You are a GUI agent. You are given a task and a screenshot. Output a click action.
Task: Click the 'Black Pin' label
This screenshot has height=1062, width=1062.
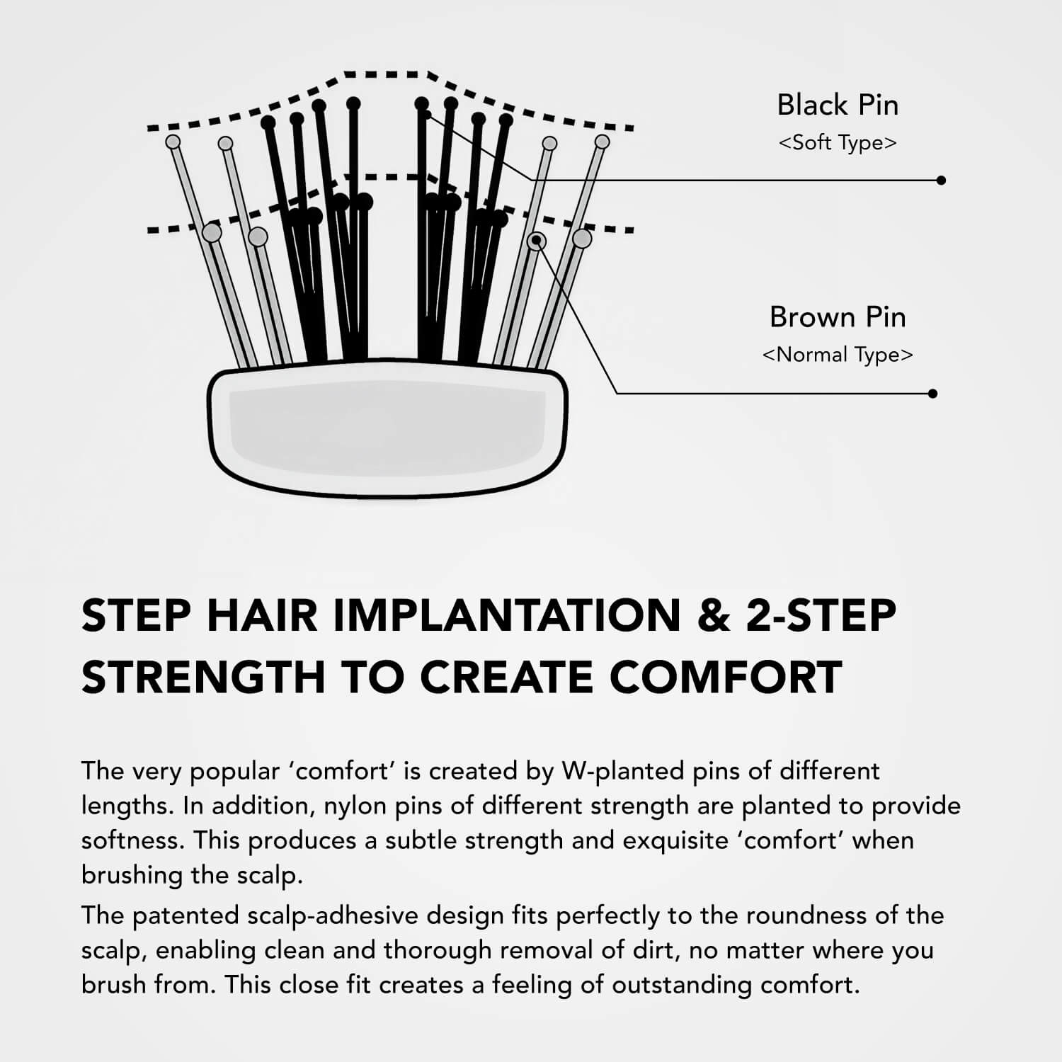[x=838, y=105]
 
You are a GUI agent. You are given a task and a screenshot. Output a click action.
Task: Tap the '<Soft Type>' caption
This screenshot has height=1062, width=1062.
[x=838, y=143]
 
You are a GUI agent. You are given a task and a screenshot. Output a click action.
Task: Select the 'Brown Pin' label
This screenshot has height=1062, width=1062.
[x=838, y=317]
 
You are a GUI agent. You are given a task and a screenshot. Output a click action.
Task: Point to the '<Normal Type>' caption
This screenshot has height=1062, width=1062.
[x=838, y=355]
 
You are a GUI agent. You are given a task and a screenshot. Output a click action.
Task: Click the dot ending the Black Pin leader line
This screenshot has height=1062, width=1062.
[x=941, y=181]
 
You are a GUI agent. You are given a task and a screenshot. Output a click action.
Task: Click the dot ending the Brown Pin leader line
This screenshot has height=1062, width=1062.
[x=932, y=394]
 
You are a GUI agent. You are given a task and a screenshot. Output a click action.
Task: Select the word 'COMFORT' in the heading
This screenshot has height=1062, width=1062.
[x=726, y=677]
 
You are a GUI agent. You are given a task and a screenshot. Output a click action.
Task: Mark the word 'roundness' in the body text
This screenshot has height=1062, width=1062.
[x=807, y=915]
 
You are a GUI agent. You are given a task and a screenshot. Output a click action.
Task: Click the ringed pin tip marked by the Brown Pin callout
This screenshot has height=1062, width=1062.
[x=537, y=241]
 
